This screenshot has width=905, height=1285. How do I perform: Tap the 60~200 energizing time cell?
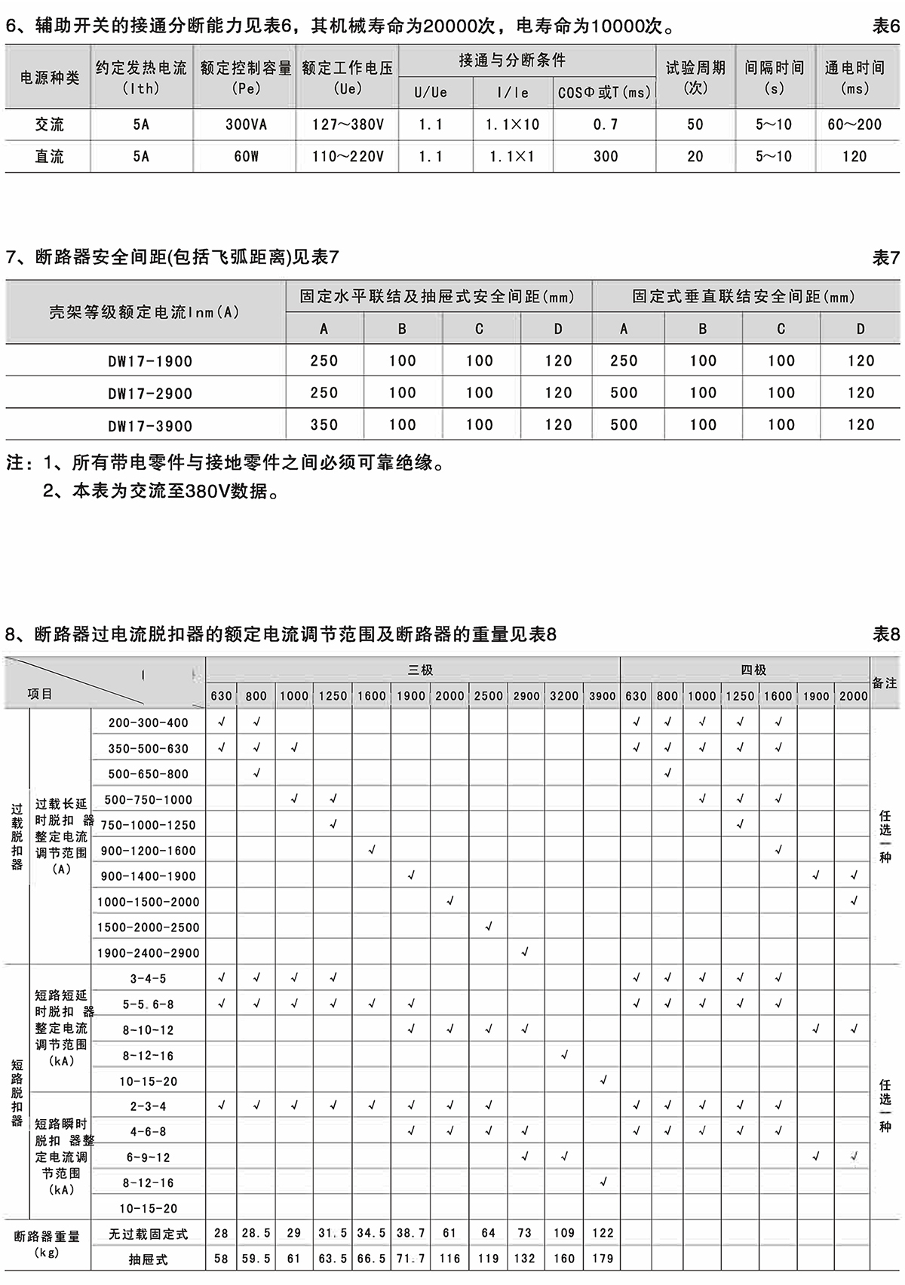pos(854,124)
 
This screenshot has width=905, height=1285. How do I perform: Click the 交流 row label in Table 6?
pos(50,124)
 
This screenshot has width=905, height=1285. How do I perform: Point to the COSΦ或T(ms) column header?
pos(604,93)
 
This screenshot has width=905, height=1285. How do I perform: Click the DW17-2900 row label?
pos(150,394)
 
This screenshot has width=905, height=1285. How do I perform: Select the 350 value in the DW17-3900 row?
pos(324,425)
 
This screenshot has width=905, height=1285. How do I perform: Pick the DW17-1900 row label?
pos(150,361)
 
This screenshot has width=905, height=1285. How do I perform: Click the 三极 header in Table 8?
pos(420,670)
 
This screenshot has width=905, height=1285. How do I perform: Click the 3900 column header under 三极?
pos(602,696)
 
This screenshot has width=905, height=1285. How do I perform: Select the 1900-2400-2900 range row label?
pos(148,953)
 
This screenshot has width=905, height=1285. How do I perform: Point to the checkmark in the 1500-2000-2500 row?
pos(488,927)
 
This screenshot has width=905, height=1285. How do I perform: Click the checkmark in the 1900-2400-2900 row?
pos(525,952)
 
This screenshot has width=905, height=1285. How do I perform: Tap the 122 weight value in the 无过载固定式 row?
pos(602,1233)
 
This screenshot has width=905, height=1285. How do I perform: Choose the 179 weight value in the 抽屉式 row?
pos(602,1259)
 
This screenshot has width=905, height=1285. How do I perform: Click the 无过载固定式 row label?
pos(148,1234)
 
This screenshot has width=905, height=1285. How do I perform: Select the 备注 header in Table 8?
pos(885,682)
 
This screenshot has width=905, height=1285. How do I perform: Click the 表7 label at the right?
pos(885,258)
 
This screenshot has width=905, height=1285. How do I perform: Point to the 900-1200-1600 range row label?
pos(148,851)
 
